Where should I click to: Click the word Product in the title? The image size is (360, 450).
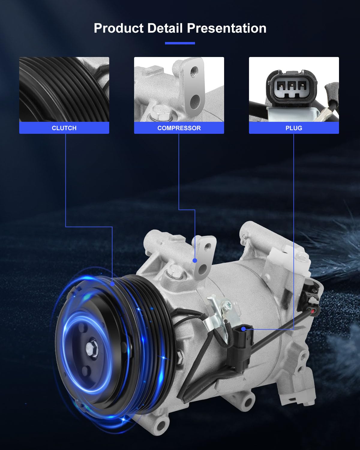point(118,28)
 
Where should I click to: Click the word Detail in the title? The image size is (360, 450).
point(165,28)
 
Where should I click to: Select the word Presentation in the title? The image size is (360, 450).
point(226,28)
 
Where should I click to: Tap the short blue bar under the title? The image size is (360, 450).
point(180,43)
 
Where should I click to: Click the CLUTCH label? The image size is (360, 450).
point(64,128)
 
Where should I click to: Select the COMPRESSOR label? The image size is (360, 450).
point(179,128)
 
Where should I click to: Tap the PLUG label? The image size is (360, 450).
point(294,128)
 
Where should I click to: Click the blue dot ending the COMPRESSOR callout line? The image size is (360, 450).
point(195,260)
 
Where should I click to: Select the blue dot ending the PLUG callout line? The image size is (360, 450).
point(243,329)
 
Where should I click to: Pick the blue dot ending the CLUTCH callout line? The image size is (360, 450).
point(112,284)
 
